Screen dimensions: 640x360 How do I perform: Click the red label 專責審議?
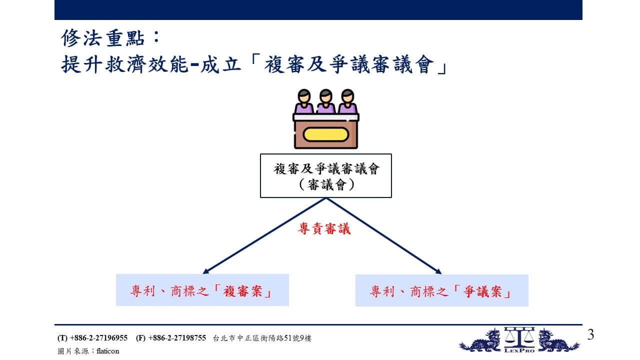[x=324, y=229]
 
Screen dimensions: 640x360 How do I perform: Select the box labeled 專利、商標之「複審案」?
[x=202, y=290]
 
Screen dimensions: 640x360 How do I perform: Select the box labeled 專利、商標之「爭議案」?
[x=441, y=290]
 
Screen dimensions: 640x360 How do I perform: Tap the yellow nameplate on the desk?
[x=325, y=134]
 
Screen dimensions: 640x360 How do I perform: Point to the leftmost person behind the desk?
[x=304, y=101]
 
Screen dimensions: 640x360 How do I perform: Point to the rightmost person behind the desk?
[x=347, y=101]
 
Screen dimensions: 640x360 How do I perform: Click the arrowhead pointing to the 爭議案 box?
[x=437, y=271]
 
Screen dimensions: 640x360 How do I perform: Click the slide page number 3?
[x=590, y=334]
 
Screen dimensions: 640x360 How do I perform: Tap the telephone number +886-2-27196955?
[x=98, y=338]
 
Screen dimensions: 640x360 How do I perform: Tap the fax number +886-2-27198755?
[x=177, y=338]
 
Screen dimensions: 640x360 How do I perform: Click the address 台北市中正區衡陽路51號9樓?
[x=262, y=338]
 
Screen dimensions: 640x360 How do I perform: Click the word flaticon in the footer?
[x=107, y=351]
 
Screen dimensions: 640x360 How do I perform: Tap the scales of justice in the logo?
[x=519, y=337]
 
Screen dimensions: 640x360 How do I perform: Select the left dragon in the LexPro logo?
[x=481, y=341]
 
